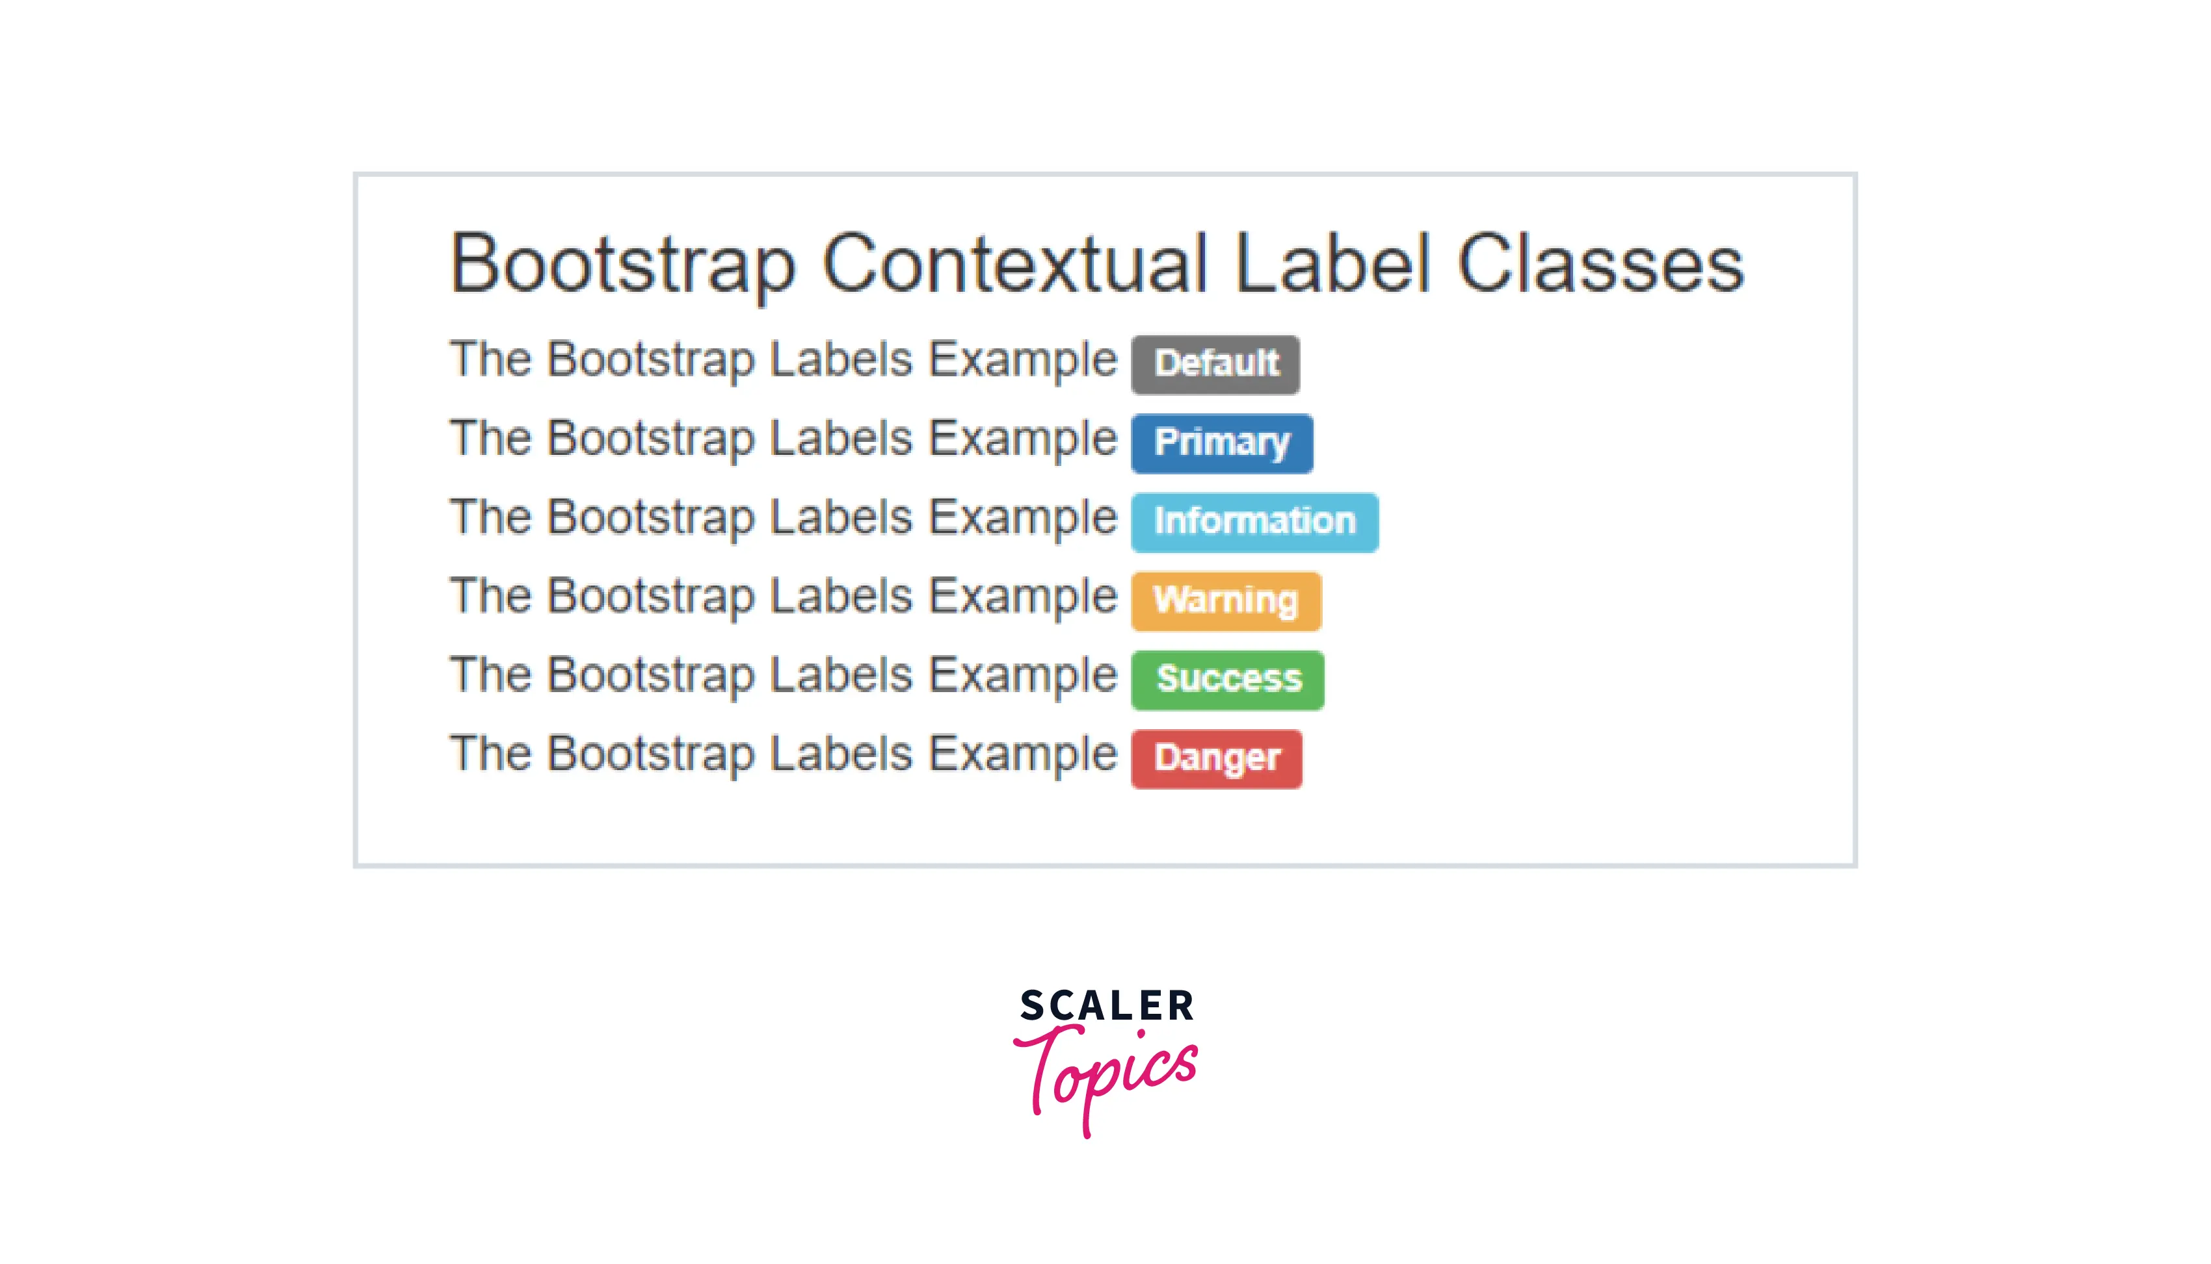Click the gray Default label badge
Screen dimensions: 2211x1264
pyautogui.click(x=1215, y=365)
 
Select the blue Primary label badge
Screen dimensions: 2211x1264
pyautogui.click(x=1222, y=444)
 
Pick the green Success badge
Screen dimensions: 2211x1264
pyautogui.click(x=1228, y=680)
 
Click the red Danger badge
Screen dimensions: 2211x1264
pyautogui.click(x=1217, y=759)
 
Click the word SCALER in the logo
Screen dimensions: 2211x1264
pyautogui.click(x=1106, y=1005)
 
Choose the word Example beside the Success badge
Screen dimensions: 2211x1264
pyautogui.click(x=1023, y=677)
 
